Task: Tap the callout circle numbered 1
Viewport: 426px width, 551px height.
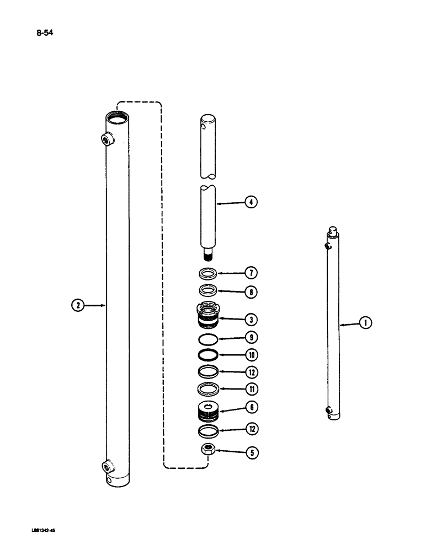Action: click(x=365, y=324)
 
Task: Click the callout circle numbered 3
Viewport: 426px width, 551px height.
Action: click(x=252, y=319)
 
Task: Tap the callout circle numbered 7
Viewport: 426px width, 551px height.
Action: click(x=252, y=272)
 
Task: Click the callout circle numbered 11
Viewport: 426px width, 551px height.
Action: click(x=252, y=390)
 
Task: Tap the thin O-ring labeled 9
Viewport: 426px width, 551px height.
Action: click(x=208, y=338)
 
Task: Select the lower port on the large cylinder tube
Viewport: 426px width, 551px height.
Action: click(x=106, y=467)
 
